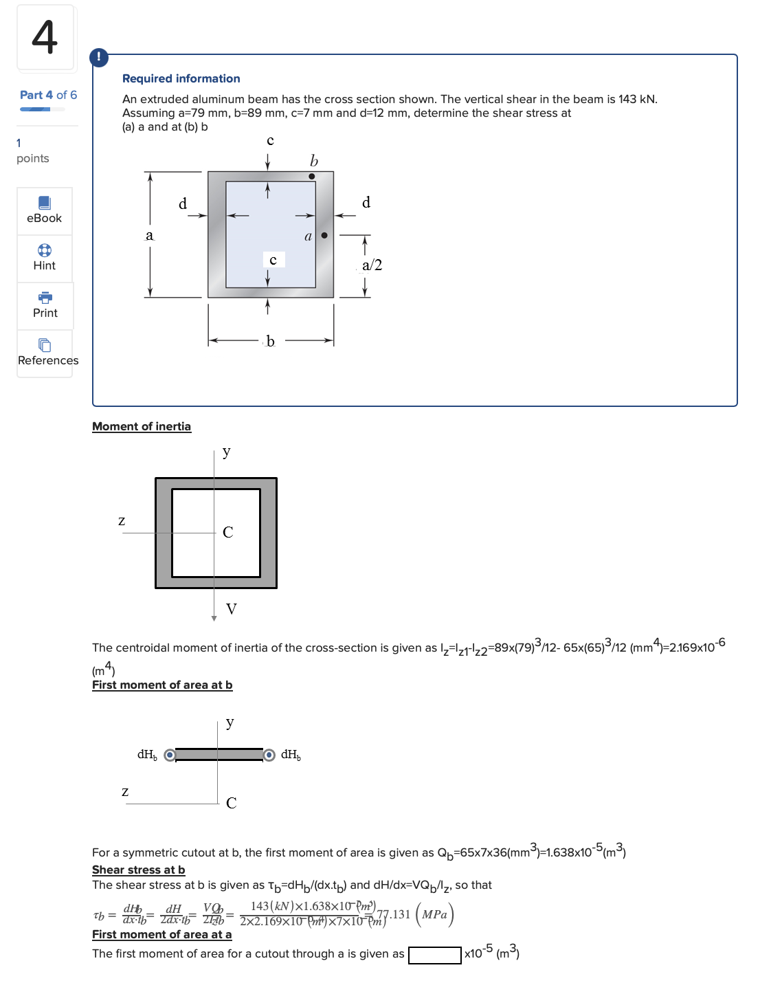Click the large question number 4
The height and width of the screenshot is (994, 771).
click(x=45, y=37)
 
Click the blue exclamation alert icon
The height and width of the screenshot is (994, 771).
click(x=99, y=57)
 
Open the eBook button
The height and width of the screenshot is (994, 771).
click(x=45, y=210)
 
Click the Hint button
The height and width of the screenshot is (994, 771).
click(x=45, y=258)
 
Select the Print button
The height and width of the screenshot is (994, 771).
click(x=45, y=305)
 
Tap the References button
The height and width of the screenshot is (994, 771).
click(x=47, y=353)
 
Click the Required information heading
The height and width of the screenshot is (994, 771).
click(x=181, y=78)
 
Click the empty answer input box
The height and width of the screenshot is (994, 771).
click(x=434, y=956)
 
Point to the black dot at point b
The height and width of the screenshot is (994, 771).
click(x=312, y=177)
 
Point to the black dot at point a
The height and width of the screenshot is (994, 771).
click(x=324, y=236)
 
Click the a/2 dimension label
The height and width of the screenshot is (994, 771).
click(x=372, y=265)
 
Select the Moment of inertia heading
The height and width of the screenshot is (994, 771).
click(x=142, y=426)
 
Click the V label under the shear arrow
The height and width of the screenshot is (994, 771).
click(x=232, y=609)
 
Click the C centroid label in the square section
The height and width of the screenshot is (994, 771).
click(x=228, y=532)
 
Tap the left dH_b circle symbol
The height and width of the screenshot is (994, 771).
click(x=170, y=755)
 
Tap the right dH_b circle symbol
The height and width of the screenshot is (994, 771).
click(x=269, y=755)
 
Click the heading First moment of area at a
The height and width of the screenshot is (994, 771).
click(x=162, y=934)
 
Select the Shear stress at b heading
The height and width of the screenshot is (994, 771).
click(x=139, y=870)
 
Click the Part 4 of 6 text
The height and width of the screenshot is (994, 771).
click(x=48, y=95)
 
